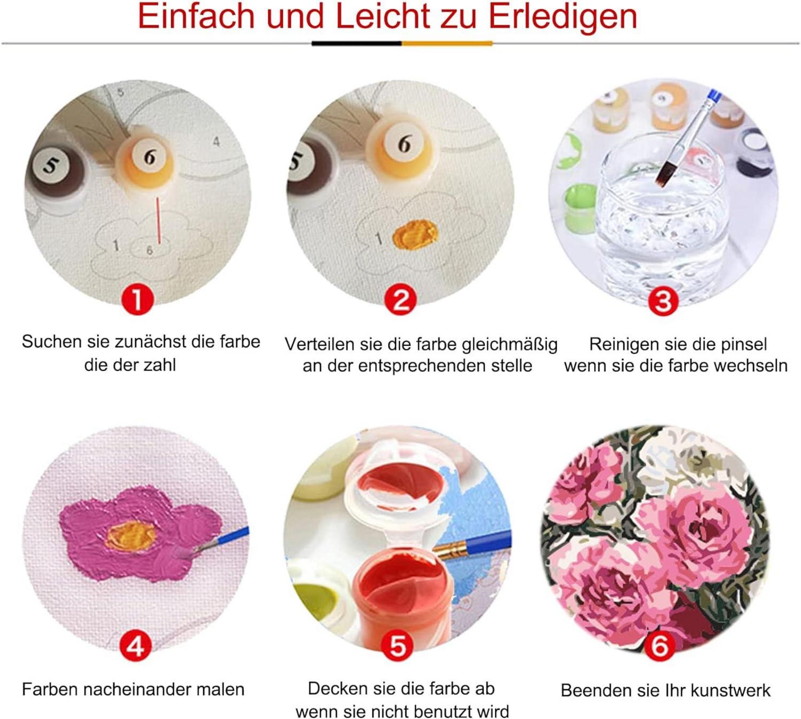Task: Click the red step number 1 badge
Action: point(137,300)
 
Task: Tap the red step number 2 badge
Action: point(400,300)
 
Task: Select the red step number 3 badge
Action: point(663,302)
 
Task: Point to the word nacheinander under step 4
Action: point(137,690)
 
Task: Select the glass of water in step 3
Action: point(662,220)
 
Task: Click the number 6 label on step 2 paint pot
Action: point(405,143)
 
